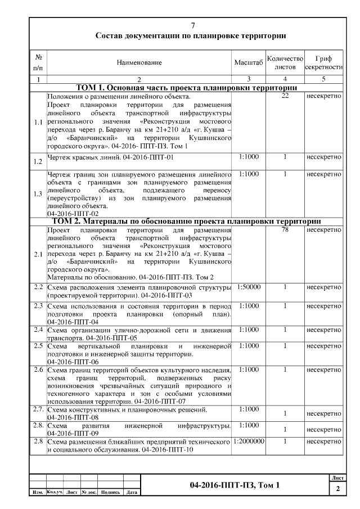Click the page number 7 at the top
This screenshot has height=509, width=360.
(193, 26)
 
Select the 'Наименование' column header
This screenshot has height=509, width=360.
(139, 62)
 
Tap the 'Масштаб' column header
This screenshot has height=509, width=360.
(248, 62)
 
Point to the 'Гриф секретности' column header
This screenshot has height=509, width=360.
(323, 62)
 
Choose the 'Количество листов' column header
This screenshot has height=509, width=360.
(285, 62)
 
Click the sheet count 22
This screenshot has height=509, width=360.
(285, 96)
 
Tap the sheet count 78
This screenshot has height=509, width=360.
(285, 230)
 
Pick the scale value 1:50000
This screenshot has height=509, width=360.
(248, 287)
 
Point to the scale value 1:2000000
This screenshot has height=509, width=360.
(248, 442)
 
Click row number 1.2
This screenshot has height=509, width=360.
(38, 162)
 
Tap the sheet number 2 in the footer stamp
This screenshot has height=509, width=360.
(337, 489)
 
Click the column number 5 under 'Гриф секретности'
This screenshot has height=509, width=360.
(323, 79)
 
